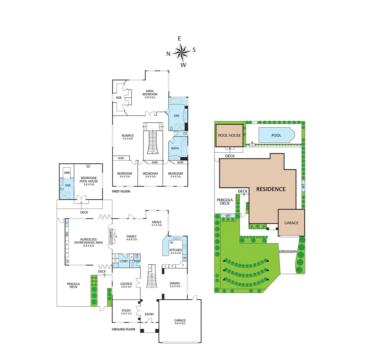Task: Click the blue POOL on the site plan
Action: [276, 135]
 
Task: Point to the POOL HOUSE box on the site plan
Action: [229, 135]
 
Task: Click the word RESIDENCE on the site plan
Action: [271, 189]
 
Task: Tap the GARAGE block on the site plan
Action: [291, 223]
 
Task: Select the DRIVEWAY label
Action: [288, 251]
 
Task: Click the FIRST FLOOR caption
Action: [121, 192]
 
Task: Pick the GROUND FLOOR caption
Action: [123, 329]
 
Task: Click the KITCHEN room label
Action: [175, 250]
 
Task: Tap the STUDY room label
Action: [126, 310]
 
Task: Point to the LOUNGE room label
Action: [126, 284]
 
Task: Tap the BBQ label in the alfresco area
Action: [67, 234]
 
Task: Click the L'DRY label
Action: [123, 261]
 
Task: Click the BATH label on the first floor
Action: [175, 148]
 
